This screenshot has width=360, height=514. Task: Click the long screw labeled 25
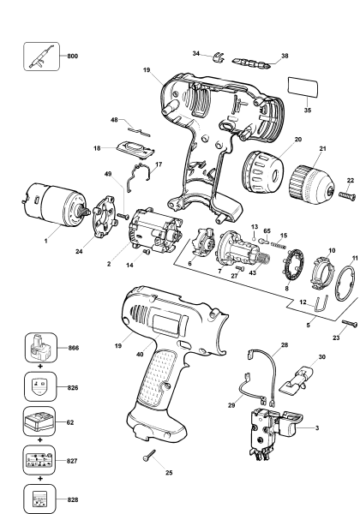(151, 455)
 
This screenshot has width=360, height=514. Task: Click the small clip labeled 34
(218, 59)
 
